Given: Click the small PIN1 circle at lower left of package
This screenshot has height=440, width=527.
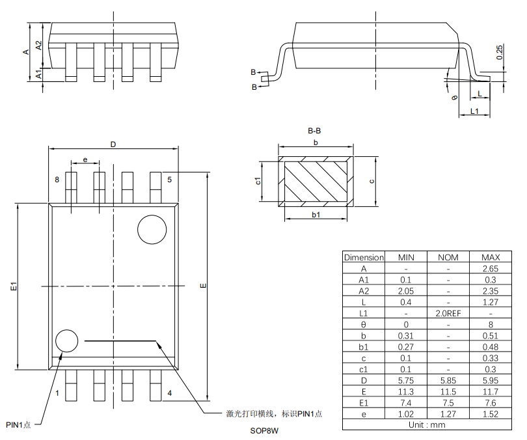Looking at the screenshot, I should (66, 341).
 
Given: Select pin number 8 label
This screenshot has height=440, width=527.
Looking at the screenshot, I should (57, 180).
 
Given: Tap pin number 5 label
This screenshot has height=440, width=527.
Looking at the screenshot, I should (169, 180).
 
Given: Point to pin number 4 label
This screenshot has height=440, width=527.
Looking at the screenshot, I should (169, 393).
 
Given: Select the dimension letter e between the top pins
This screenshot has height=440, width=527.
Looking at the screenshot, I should (85, 159).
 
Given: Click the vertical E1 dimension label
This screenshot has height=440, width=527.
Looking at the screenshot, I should (14, 286).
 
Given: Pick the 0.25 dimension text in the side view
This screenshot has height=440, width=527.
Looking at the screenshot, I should (499, 52).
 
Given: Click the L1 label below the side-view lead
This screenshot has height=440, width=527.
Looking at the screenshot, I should (474, 112).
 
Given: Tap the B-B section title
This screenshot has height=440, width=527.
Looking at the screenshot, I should (314, 131).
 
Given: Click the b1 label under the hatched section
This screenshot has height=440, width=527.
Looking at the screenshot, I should (316, 215).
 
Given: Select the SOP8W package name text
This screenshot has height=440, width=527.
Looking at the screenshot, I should (264, 431).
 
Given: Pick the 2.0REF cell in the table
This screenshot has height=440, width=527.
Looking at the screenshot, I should (448, 313).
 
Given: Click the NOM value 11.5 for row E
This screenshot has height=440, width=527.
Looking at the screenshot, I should (448, 391).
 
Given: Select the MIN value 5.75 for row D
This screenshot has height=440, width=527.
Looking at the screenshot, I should (406, 380).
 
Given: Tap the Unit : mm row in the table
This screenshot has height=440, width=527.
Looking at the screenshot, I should (427, 424).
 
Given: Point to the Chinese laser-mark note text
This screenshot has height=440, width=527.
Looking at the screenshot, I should (273, 414).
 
